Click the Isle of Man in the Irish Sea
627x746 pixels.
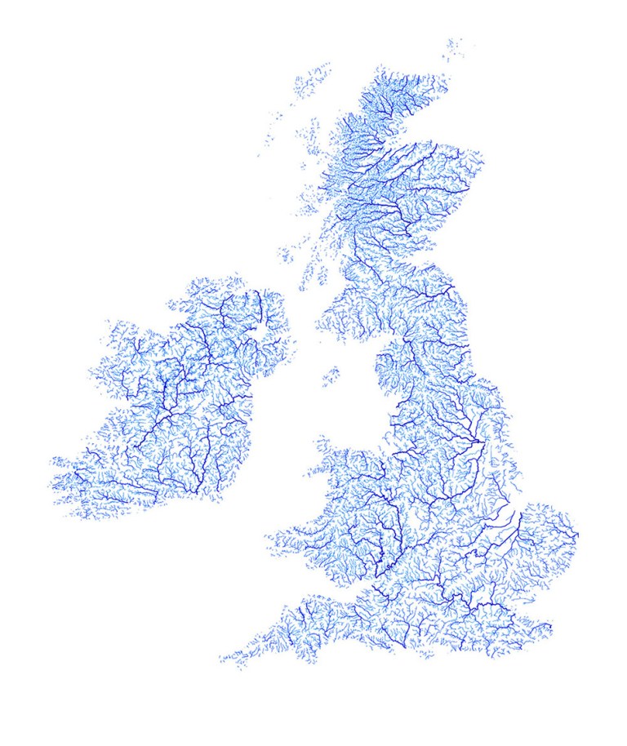click(331, 376)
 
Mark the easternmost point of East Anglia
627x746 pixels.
click(577, 535)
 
